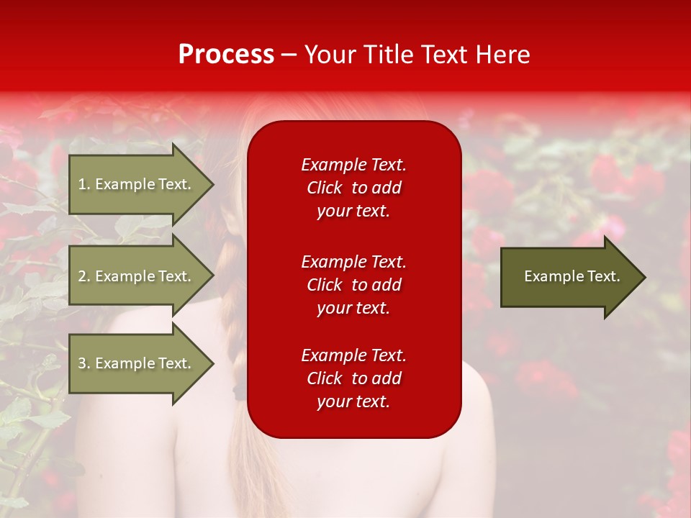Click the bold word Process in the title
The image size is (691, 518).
click(x=226, y=55)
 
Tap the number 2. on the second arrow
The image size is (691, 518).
click(x=83, y=276)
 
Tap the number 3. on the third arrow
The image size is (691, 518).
click(x=83, y=363)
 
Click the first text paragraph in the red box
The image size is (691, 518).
click(x=353, y=188)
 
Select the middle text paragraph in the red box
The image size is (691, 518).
click(x=353, y=285)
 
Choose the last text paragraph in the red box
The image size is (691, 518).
click(x=353, y=378)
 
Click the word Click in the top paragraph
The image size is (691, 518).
click(x=324, y=188)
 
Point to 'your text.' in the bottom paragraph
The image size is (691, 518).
click(x=353, y=401)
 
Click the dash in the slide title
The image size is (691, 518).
click(x=289, y=55)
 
